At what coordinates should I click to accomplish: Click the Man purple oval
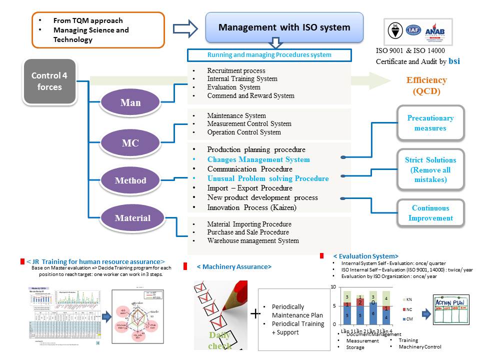(x=130, y=103)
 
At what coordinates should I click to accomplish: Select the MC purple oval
(x=130, y=143)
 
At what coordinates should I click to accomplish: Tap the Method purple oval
(x=130, y=180)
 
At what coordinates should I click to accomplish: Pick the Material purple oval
(x=132, y=218)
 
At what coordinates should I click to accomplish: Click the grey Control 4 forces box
(x=49, y=81)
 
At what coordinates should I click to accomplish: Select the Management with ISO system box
(x=284, y=27)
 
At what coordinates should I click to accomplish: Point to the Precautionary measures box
(x=430, y=123)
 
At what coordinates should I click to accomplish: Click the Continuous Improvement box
(x=430, y=213)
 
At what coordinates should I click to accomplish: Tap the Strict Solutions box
(x=430, y=169)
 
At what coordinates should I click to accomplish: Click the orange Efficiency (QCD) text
(x=426, y=85)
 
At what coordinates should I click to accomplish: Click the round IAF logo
(x=413, y=30)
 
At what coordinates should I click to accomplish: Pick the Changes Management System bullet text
(x=258, y=159)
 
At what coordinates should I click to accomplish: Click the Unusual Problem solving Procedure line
(x=268, y=178)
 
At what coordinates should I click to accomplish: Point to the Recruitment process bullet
(x=236, y=71)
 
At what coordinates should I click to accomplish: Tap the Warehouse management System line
(x=253, y=240)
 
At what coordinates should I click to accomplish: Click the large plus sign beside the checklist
(x=255, y=314)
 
